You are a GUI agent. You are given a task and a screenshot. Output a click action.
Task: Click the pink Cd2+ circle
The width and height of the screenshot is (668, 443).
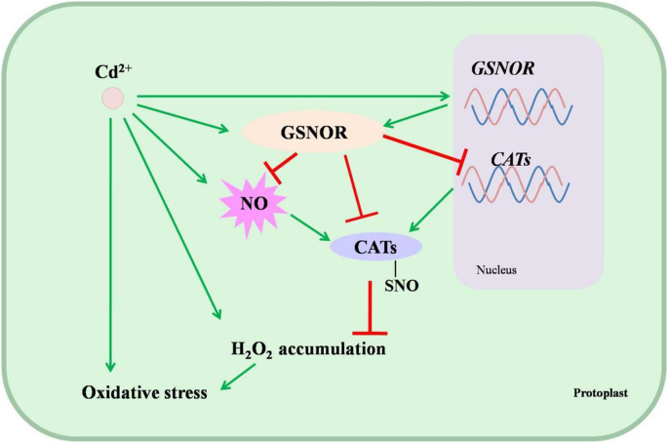112,99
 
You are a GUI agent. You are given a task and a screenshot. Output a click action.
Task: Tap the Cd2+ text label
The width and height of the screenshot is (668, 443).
113,71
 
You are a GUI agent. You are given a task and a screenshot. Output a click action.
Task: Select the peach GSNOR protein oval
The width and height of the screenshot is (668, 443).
313,132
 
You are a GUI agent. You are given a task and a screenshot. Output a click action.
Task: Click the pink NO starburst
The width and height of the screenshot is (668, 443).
254,204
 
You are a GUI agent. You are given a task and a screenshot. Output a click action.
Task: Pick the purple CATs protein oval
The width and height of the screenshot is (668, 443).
376,247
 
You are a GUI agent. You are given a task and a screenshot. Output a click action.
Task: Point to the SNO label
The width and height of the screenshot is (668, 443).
402,285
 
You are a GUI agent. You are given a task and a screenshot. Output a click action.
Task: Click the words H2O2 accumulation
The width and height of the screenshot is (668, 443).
308,349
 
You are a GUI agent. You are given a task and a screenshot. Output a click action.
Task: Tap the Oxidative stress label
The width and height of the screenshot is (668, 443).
144,392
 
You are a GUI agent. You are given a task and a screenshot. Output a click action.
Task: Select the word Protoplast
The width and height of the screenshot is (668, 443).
601,392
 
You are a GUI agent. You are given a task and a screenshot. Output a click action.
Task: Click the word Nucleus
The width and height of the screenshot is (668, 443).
496,270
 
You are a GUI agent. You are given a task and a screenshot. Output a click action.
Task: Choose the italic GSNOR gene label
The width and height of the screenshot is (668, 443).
502,68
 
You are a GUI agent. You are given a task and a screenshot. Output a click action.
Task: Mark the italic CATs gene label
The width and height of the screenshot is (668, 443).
511,159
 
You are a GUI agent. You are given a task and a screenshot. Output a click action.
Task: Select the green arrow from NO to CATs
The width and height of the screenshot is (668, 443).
310,227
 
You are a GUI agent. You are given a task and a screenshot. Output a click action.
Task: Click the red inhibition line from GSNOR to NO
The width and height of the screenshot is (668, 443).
280,168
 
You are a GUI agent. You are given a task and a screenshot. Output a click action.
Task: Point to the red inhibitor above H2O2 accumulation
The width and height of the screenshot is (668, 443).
370,307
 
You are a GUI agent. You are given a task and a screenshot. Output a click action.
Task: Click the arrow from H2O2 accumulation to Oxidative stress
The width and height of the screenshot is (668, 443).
238,377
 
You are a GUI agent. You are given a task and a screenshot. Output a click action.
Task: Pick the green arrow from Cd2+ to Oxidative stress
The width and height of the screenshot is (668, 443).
110,245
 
